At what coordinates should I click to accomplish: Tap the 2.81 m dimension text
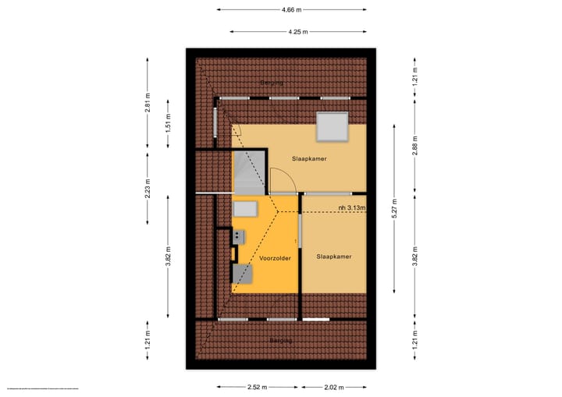click(x=147, y=103)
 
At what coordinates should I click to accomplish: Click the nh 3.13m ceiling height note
click(x=353, y=207)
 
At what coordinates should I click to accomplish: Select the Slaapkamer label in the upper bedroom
click(x=309, y=158)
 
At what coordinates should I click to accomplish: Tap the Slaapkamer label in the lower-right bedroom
click(x=334, y=256)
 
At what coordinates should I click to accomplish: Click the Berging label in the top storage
click(x=272, y=82)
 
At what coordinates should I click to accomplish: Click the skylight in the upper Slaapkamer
click(x=332, y=126)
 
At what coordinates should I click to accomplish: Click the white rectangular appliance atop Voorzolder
click(x=246, y=209)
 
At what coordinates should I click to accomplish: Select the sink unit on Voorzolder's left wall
click(x=238, y=235)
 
